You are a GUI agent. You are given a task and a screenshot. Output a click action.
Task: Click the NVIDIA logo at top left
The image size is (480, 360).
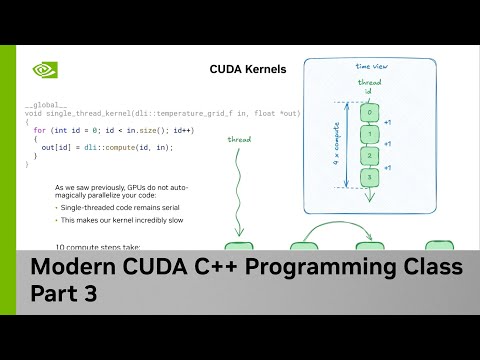45,70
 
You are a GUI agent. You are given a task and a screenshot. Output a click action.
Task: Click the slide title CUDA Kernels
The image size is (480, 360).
247,70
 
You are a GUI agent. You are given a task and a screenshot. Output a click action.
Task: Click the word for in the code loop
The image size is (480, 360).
39,130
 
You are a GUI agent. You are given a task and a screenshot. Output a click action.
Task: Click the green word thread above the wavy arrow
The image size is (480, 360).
239,139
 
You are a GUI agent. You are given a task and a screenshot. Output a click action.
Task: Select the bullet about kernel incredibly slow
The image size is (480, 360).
118,219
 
